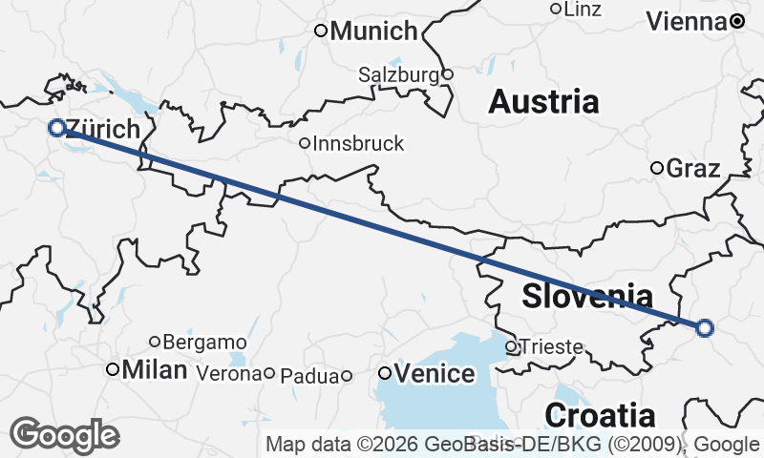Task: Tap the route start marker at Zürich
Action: coord(56,127)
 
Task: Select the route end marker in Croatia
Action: coord(705,328)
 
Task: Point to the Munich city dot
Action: coord(322,31)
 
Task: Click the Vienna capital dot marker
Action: coord(737,20)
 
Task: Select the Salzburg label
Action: coord(398,73)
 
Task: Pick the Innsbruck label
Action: coord(358,144)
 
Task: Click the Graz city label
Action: coord(692,169)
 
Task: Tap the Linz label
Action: coord(583,10)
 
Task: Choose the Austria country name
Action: coord(543,101)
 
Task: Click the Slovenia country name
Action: coord(587,296)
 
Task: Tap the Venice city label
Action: coord(434,373)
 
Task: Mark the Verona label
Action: coord(227,374)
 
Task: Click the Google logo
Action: coord(64,435)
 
